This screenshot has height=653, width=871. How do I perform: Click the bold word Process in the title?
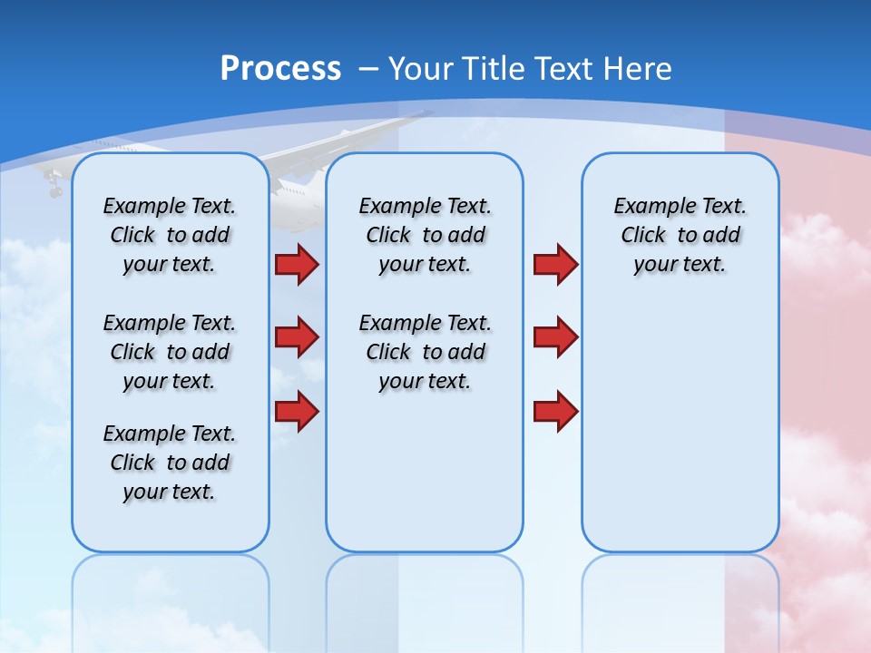coord(280,69)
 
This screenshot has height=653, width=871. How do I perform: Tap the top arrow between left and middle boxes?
coord(296,264)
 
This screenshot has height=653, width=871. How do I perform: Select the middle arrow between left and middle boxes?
coord(296,337)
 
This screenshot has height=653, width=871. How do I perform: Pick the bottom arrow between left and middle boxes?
coord(296,411)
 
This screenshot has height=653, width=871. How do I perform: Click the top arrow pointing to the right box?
coord(555,264)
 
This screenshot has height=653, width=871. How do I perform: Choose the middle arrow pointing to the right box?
coord(555,337)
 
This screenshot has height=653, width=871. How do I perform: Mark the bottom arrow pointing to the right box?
coord(555,411)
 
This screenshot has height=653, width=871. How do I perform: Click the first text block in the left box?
coord(170,235)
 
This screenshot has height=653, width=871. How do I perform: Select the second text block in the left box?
coord(170,352)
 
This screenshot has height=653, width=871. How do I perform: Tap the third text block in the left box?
coord(170,463)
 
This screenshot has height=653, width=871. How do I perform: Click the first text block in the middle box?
coord(425,235)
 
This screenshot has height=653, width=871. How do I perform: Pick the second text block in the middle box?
coord(425,352)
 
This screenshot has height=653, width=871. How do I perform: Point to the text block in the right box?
coord(680,235)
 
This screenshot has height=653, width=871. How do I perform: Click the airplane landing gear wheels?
coord(54,189)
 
